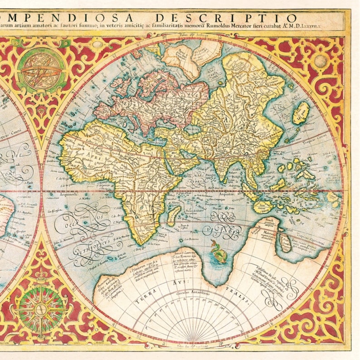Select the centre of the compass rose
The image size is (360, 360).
(41, 311)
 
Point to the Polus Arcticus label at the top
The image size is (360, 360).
(193, 35)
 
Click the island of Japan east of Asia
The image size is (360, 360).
(301, 113)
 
